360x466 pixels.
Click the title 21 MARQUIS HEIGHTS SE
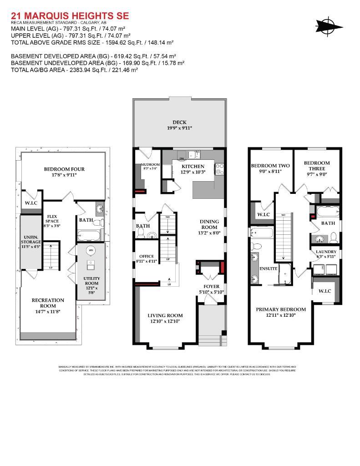(70, 16)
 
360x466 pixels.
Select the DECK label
(179, 122)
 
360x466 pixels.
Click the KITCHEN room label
(193, 166)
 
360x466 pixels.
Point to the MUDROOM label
(150, 164)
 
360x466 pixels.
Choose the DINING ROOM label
(209, 224)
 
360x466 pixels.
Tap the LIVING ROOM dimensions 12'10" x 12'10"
(165, 321)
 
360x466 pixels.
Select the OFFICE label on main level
(146, 256)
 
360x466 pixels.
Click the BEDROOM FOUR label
(64, 169)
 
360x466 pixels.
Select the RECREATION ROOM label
(48, 303)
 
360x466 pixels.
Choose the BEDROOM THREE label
(317, 166)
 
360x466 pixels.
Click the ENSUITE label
(269, 268)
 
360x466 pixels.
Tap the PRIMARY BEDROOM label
(281, 309)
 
